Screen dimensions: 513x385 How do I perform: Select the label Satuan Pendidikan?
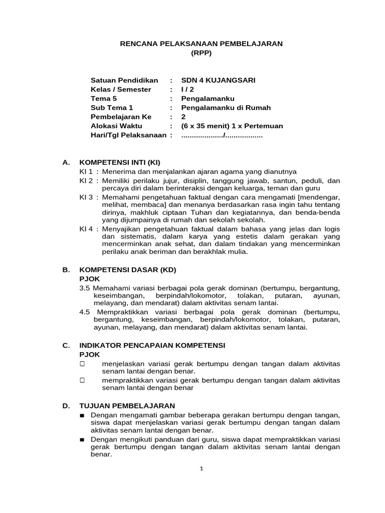[124, 80]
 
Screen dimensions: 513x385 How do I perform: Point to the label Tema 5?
[104, 98]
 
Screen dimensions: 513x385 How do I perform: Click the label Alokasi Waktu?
[116, 126]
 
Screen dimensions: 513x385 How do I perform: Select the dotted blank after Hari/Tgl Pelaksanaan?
[222, 136]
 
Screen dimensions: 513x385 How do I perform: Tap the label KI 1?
[86, 171]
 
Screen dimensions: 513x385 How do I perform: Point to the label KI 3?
[86, 197]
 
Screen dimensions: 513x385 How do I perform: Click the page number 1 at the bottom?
[201, 469]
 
